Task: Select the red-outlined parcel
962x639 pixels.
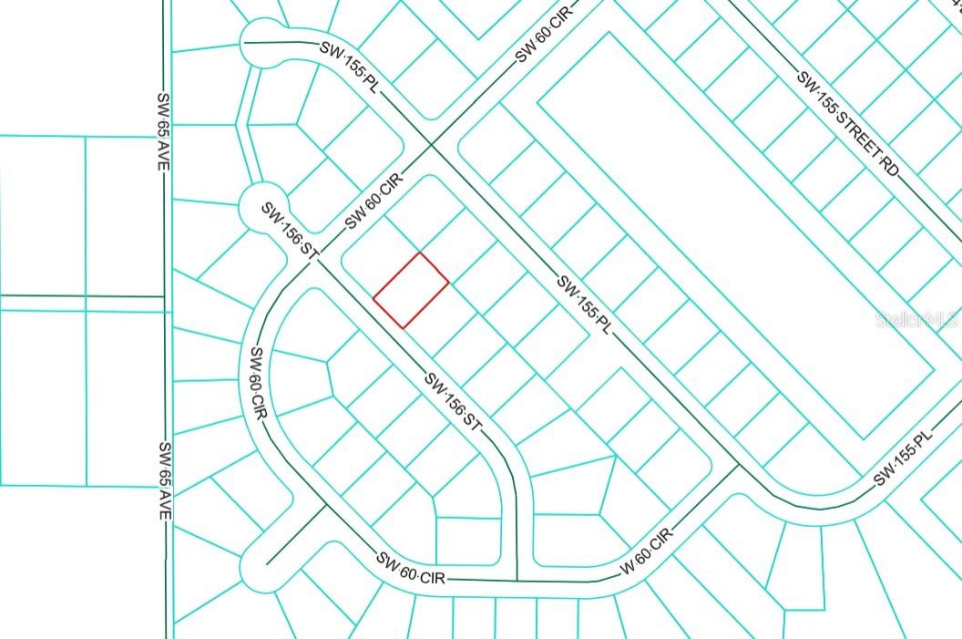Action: point(411,290)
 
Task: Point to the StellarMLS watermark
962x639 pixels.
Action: point(916,320)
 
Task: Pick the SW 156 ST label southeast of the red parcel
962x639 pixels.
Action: point(451,403)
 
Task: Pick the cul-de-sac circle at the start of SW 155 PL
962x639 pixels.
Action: point(262,43)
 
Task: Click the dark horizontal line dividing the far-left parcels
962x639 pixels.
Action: point(82,296)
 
